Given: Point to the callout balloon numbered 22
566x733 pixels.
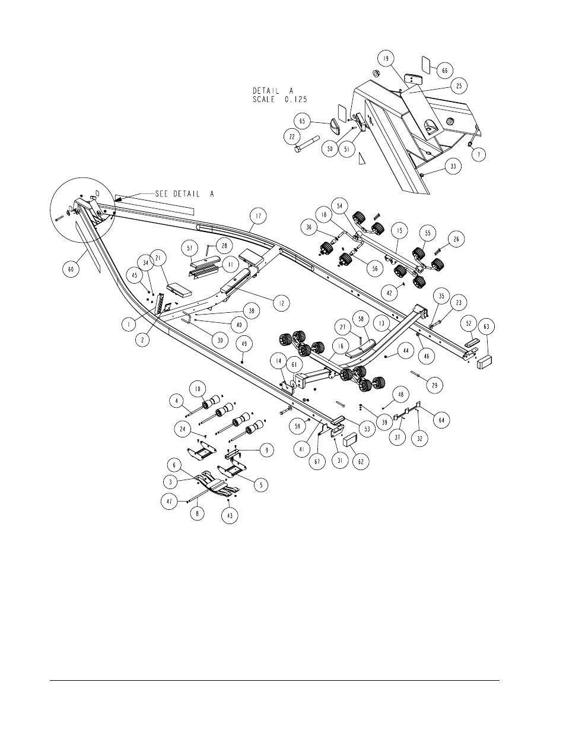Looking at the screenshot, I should (x=292, y=137).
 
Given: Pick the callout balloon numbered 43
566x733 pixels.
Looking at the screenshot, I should (x=230, y=516).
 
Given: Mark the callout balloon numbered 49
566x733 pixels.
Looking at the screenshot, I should (x=244, y=344).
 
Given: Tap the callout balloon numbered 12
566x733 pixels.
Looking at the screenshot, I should (x=281, y=303).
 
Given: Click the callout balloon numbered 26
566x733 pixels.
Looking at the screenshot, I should (x=454, y=240).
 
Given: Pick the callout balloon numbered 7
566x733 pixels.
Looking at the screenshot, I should (x=479, y=154).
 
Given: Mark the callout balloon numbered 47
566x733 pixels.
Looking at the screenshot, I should (x=170, y=501).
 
